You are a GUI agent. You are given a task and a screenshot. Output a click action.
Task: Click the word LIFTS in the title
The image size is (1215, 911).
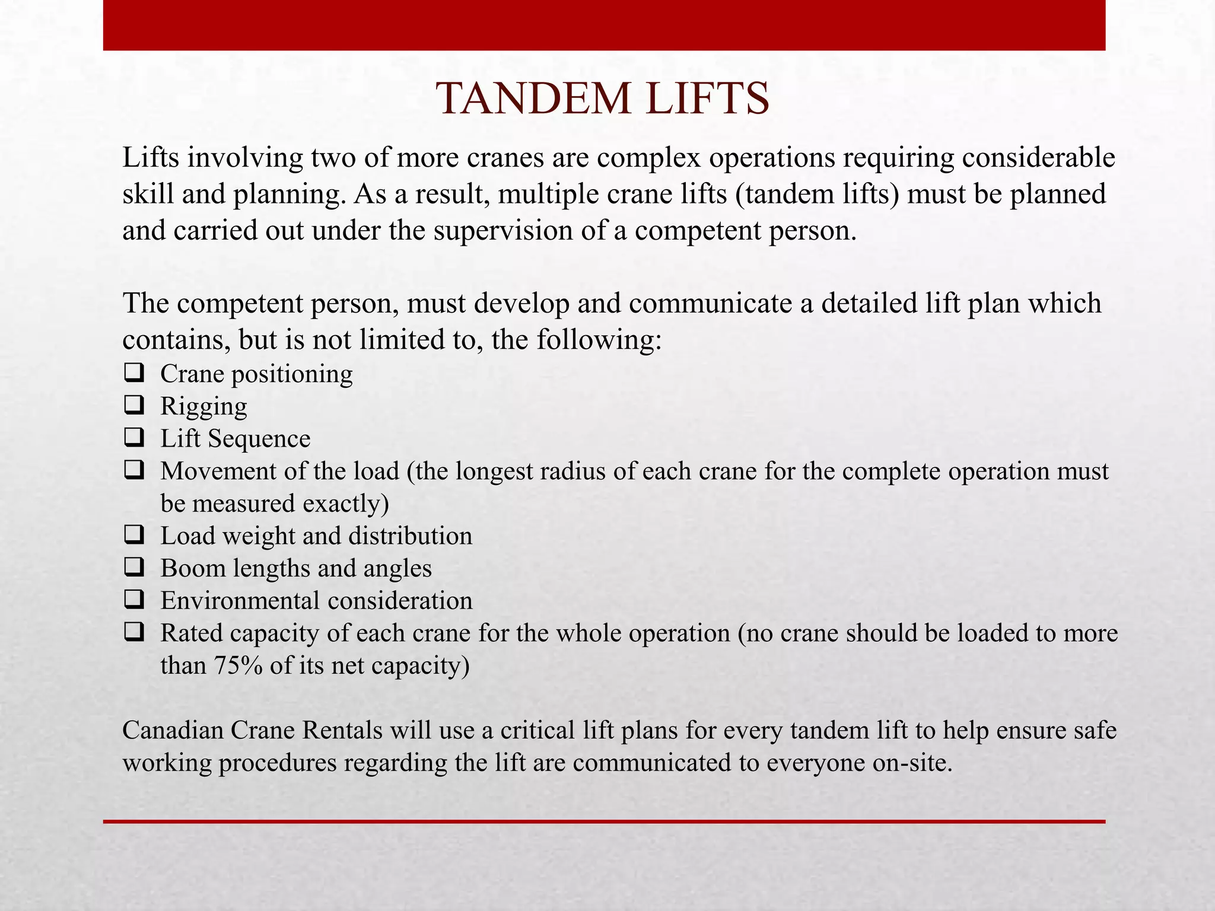[x=708, y=98]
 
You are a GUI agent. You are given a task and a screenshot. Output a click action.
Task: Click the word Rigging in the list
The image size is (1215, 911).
[x=203, y=407]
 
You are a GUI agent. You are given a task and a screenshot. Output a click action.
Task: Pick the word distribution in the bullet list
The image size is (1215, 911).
[x=410, y=536]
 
